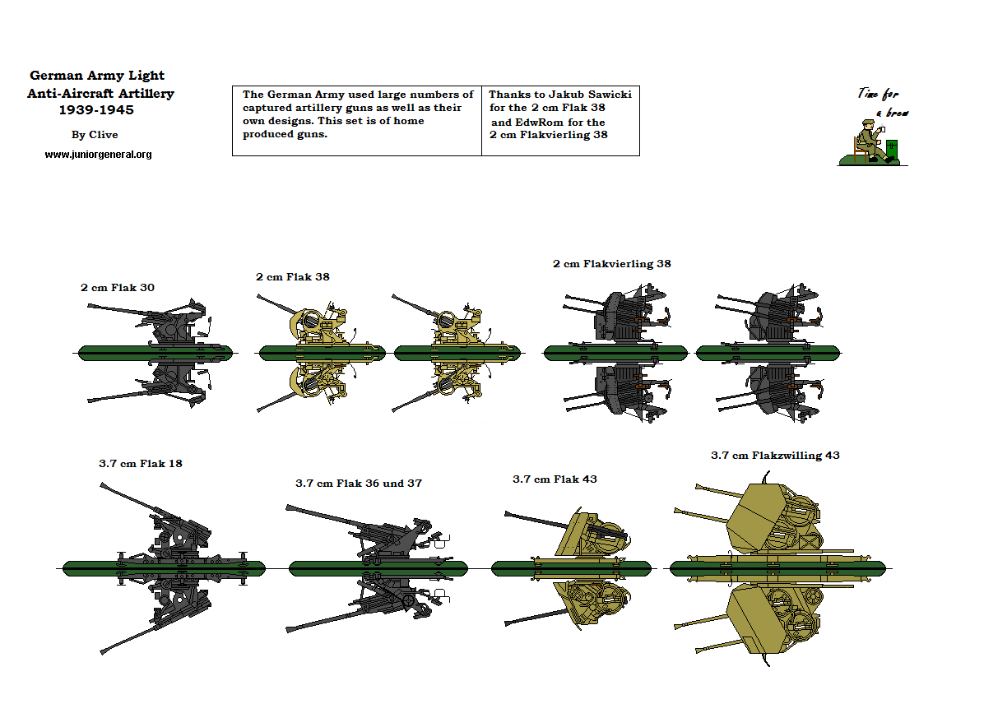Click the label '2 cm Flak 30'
pos(117,288)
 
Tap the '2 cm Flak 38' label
pos(292,277)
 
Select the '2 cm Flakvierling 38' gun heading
pos(611,264)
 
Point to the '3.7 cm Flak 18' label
pos(140,463)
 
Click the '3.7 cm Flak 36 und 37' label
pos(358,483)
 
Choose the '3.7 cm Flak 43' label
pos(554,479)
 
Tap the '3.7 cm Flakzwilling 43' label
pos(774,455)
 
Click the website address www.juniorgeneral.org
pos(98,154)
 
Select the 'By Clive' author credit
pos(95,135)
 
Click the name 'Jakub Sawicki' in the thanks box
pos(590,95)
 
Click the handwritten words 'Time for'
pos(878,94)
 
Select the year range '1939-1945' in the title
pos(96,109)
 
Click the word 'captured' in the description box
pos(266,108)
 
